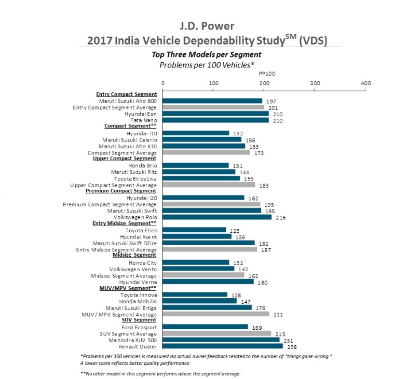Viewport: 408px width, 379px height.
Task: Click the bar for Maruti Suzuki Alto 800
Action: coord(212,101)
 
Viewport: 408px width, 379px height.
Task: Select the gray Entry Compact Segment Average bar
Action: coord(213,107)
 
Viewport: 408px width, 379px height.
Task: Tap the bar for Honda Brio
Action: coord(196,165)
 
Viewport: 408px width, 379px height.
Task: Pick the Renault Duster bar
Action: coord(223,346)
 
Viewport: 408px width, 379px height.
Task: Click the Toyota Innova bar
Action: coord(195,294)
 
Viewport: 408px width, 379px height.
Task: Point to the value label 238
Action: coord(292,347)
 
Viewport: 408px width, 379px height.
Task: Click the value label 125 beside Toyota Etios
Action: coord(235,231)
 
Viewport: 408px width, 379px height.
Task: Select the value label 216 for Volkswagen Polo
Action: coord(281,218)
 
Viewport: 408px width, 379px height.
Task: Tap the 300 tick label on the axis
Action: coord(315,83)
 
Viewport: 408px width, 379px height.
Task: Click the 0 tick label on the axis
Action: coord(163,83)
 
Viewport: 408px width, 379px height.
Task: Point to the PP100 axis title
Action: coord(267,74)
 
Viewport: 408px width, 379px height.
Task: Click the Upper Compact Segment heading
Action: coord(125,158)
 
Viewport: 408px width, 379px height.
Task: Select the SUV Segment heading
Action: coord(139,320)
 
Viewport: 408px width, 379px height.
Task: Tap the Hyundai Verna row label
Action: coord(138,282)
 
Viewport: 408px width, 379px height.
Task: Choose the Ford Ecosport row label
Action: coord(139,328)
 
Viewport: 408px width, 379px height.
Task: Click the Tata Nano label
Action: coord(144,120)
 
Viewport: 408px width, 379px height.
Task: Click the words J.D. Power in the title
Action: coord(207,26)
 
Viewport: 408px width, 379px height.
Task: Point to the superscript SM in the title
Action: coord(291,36)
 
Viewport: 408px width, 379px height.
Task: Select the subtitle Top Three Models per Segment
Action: coord(207,54)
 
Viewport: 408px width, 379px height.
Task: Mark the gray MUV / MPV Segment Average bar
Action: coord(216,314)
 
